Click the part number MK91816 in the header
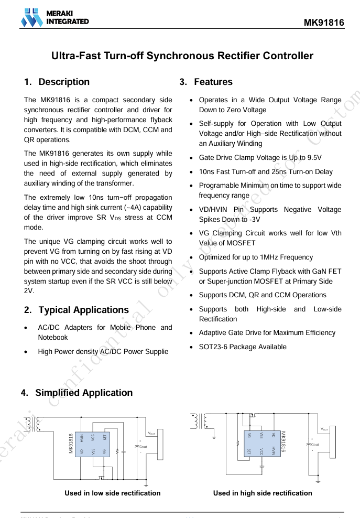324,23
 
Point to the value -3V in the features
253,219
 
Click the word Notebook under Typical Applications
53,337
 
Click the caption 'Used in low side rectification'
112,493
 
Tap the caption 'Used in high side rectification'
263,493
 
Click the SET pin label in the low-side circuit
105,437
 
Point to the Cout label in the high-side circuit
315,445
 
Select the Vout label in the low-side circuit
151,433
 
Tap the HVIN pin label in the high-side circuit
274,450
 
